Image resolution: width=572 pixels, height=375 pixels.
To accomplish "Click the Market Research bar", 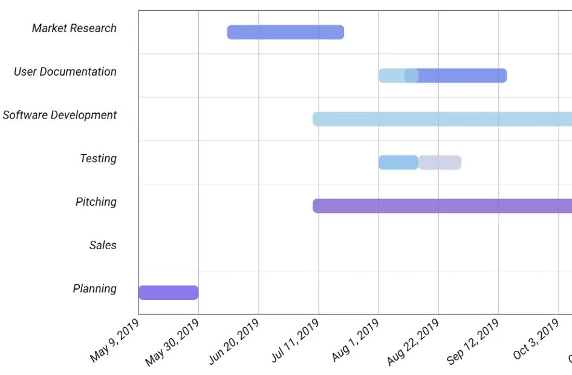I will click(285, 32).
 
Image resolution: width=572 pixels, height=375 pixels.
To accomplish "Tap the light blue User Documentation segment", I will click(392, 76).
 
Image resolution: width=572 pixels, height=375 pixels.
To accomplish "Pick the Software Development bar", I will click(442, 119).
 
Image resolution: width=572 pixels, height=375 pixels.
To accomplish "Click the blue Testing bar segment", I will click(398, 163).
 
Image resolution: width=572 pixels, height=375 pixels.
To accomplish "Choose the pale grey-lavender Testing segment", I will click(440, 163).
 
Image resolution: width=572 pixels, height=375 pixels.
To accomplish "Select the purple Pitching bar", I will click(442, 206).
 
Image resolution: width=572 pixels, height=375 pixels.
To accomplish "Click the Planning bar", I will click(169, 293).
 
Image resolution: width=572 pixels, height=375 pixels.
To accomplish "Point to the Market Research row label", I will click(74, 28).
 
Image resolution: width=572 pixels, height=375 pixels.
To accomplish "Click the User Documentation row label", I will click(65, 72).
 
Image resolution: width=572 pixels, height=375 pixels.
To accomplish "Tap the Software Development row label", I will click(60, 115).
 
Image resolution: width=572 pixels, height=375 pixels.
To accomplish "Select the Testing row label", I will click(98, 158).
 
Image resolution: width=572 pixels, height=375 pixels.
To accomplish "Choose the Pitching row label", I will click(96, 202).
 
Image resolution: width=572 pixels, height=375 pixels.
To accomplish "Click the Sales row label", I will click(103, 246).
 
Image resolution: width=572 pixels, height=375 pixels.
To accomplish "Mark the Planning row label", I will click(95, 289).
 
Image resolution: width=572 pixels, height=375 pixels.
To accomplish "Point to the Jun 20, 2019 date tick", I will click(234, 342).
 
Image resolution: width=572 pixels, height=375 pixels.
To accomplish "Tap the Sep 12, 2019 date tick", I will click(473, 342).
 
